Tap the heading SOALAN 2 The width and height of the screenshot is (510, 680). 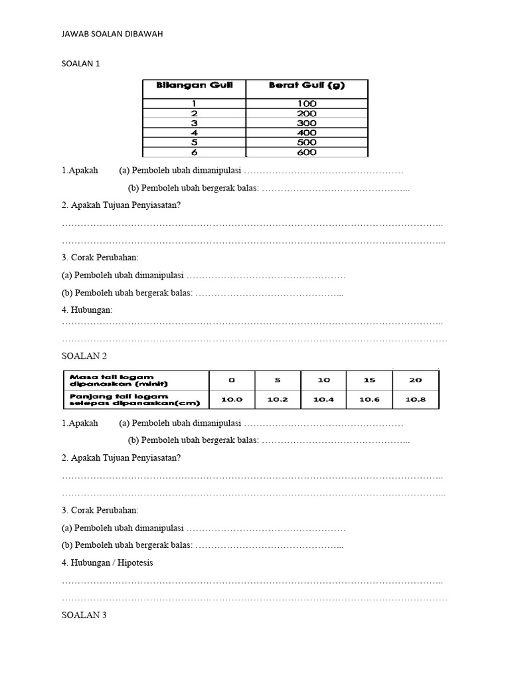84,356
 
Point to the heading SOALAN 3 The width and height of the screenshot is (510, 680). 84,615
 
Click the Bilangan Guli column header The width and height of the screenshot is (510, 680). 193,86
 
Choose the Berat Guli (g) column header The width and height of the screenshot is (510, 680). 306,86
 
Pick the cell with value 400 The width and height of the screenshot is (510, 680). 307,133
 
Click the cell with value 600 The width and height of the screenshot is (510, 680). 307,152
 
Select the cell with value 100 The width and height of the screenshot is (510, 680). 307,104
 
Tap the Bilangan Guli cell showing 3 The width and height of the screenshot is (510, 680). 193,124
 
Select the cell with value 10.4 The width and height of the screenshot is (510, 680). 323,399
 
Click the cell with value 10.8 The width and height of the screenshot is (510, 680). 415,399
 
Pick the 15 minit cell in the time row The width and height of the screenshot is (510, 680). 369,380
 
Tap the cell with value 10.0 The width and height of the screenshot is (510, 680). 232,399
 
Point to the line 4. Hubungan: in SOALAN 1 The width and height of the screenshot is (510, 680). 87,309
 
